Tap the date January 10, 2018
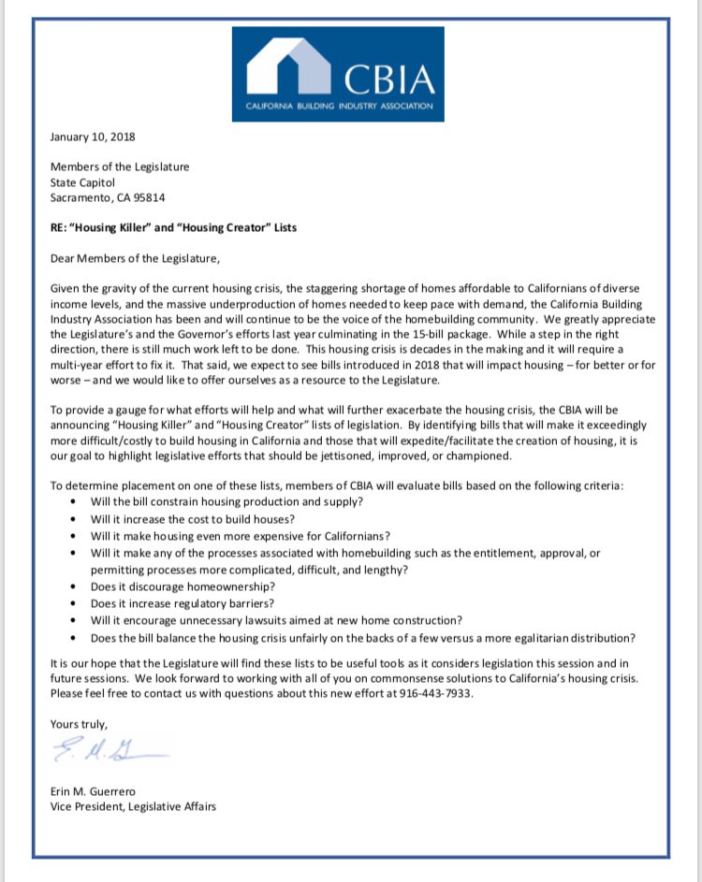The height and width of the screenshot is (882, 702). point(92,137)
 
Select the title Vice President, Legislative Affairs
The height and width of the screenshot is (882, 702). point(133,805)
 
